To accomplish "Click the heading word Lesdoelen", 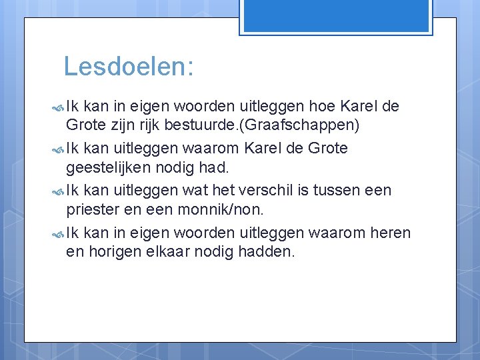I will point(128,66).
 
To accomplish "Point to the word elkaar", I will point(177,253).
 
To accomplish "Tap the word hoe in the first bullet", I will point(324,105).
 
